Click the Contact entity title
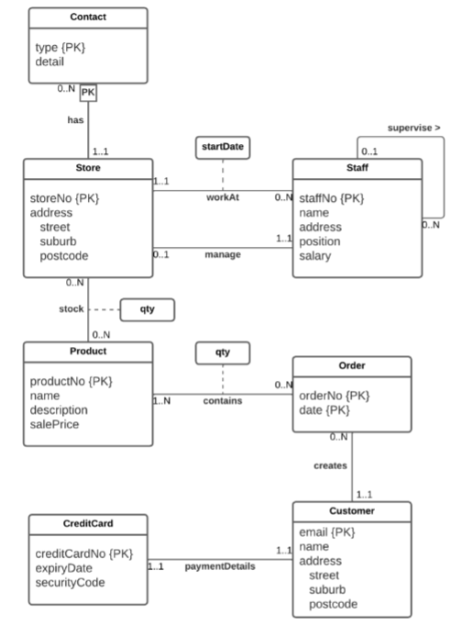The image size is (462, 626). (x=88, y=17)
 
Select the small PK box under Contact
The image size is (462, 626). (x=88, y=93)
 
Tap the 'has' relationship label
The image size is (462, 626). (x=75, y=119)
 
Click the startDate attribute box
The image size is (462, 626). (x=223, y=147)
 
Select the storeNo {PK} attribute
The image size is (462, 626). (x=64, y=197)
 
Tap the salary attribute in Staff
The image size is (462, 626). (x=317, y=256)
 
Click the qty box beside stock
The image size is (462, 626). (x=147, y=309)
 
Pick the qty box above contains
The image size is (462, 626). (x=222, y=352)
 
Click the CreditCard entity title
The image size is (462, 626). (x=88, y=524)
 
